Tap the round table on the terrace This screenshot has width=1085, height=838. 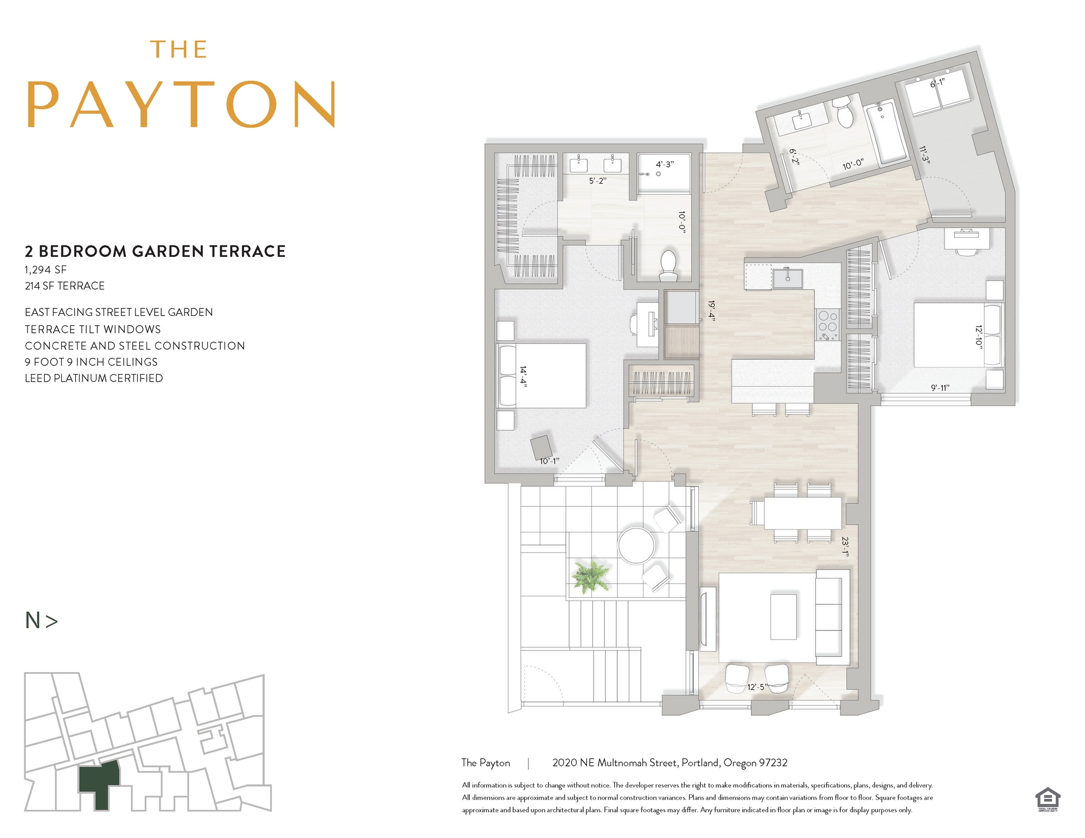(x=636, y=545)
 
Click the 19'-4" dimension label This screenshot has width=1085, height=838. (x=711, y=311)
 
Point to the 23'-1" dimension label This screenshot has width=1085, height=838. (x=845, y=546)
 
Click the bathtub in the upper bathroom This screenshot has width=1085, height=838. (x=885, y=134)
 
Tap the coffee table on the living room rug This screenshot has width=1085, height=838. (x=783, y=616)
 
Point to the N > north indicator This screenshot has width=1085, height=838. (x=41, y=620)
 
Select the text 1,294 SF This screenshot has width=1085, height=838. (x=46, y=269)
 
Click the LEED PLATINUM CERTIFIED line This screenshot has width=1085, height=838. (x=94, y=378)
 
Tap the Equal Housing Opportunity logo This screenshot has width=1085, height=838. (x=1047, y=800)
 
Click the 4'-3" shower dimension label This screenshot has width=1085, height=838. (x=665, y=164)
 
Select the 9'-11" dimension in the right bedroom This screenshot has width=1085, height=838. (x=940, y=388)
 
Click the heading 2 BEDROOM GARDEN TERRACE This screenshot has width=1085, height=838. (x=155, y=251)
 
